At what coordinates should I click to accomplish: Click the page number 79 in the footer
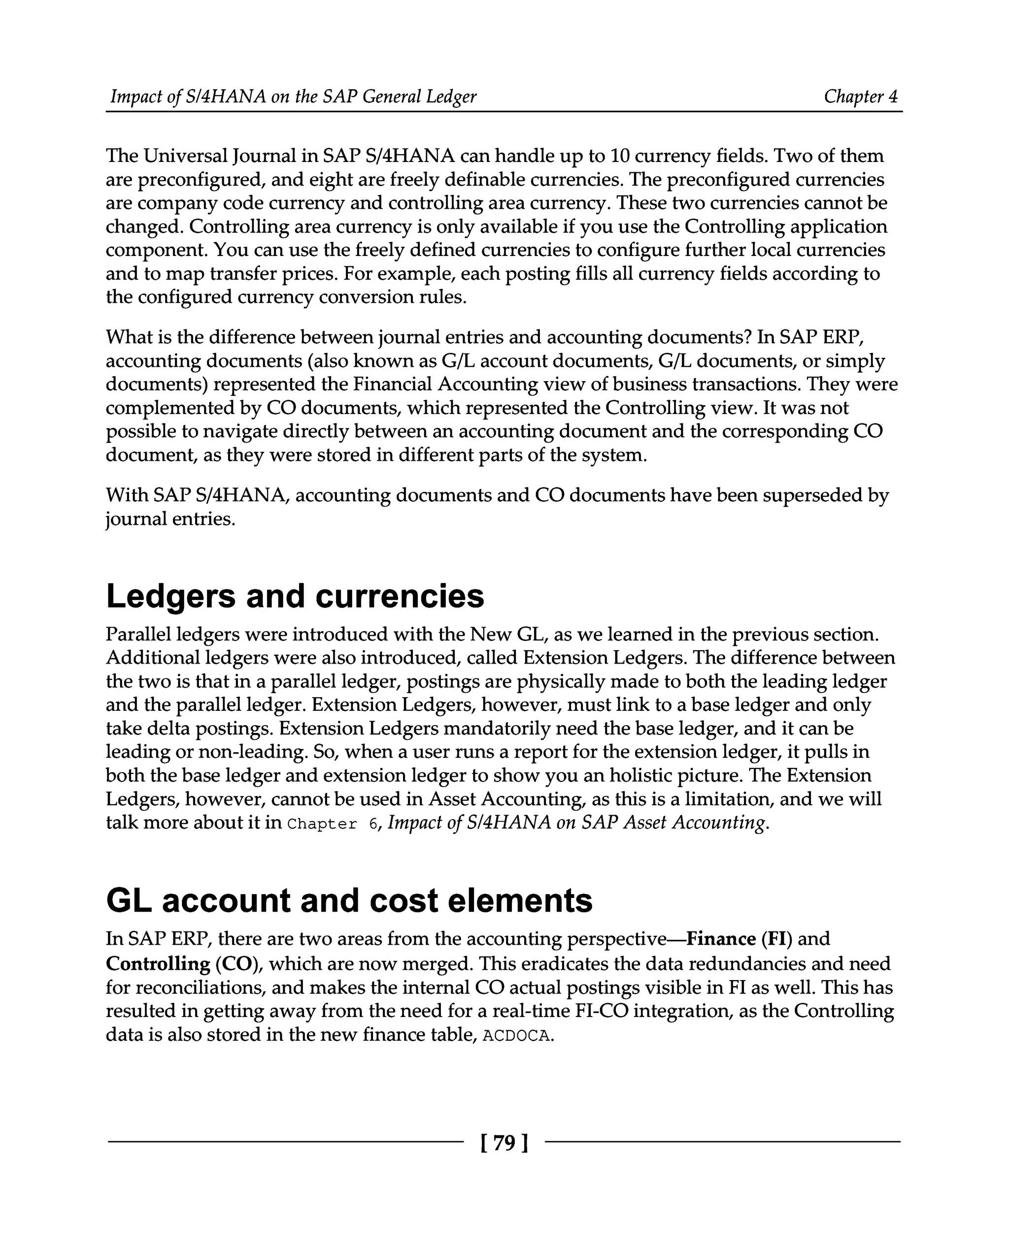pos(504,1143)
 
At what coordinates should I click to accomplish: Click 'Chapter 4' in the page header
pos(860,96)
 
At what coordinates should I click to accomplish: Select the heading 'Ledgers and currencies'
pos(295,597)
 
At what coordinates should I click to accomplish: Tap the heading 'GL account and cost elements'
pos(349,901)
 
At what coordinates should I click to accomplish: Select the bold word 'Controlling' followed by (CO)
pos(158,964)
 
